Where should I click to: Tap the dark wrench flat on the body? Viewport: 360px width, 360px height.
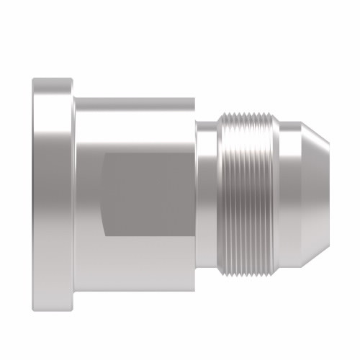coord(148,194)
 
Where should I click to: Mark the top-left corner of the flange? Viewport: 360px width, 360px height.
coord(33,79)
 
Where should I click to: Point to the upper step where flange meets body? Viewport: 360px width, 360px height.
coord(73,97)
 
